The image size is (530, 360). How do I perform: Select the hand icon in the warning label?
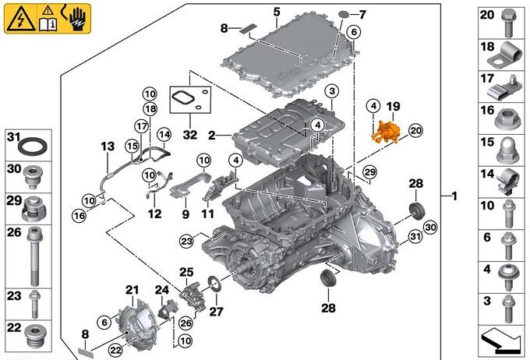(x=78, y=15)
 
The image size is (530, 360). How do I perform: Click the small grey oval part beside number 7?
(x=344, y=14)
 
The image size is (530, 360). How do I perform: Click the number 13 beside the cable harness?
(x=107, y=146)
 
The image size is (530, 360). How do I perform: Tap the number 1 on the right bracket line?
(x=454, y=196)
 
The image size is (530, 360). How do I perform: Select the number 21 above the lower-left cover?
(x=131, y=290)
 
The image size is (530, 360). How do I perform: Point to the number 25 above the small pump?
(x=185, y=272)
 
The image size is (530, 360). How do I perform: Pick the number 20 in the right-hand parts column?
(x=486, y=15)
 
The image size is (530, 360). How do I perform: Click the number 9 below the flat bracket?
(x=185, y=213)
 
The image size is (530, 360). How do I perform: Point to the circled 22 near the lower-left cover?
(x=115, y=351)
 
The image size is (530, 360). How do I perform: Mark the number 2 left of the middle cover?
(x=210, y=135)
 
